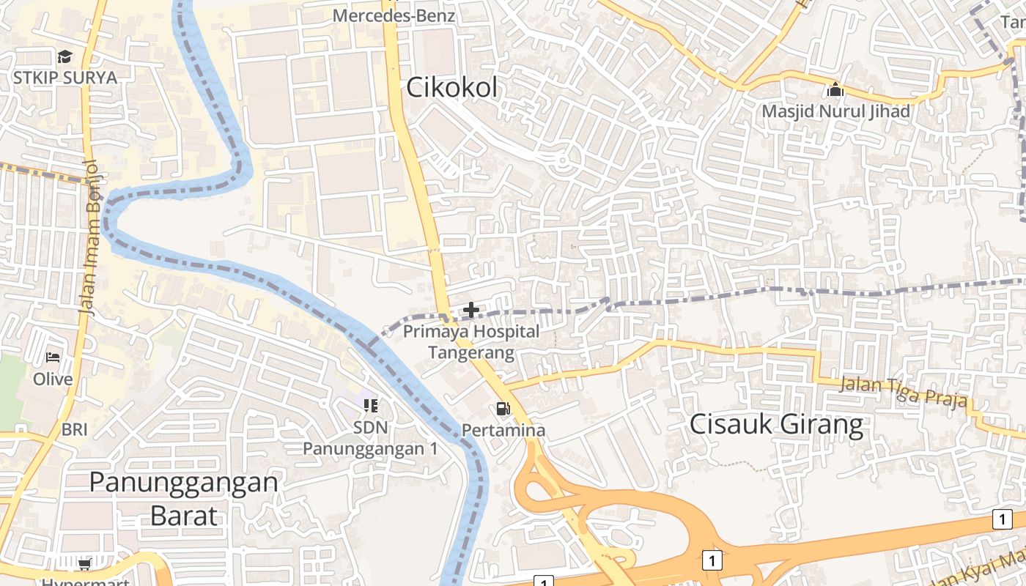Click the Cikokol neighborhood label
(x=451, y=88)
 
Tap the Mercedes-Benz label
(x=394, y=15)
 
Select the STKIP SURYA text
(x=64, y=78)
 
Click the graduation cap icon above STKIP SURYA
(x=64, y=57)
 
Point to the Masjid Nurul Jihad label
(x=835, y=111)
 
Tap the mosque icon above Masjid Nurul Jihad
(x=835, y=91)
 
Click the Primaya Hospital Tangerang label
(x=471, y=342)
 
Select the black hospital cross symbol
(x=471, y=311)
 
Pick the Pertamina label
(x=503, y=430)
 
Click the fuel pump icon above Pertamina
(x=503, y=409)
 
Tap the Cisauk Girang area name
(x=777, y=425)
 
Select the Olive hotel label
(x=53, y=379)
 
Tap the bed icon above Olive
(x=53, y=357)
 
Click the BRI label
(x=74, y=429)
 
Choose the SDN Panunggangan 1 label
(x=370, y=437)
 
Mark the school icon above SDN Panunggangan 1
(x=371, y=405)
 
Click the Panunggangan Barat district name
(x=183, y=499)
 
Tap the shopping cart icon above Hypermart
(x=84, y=563)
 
